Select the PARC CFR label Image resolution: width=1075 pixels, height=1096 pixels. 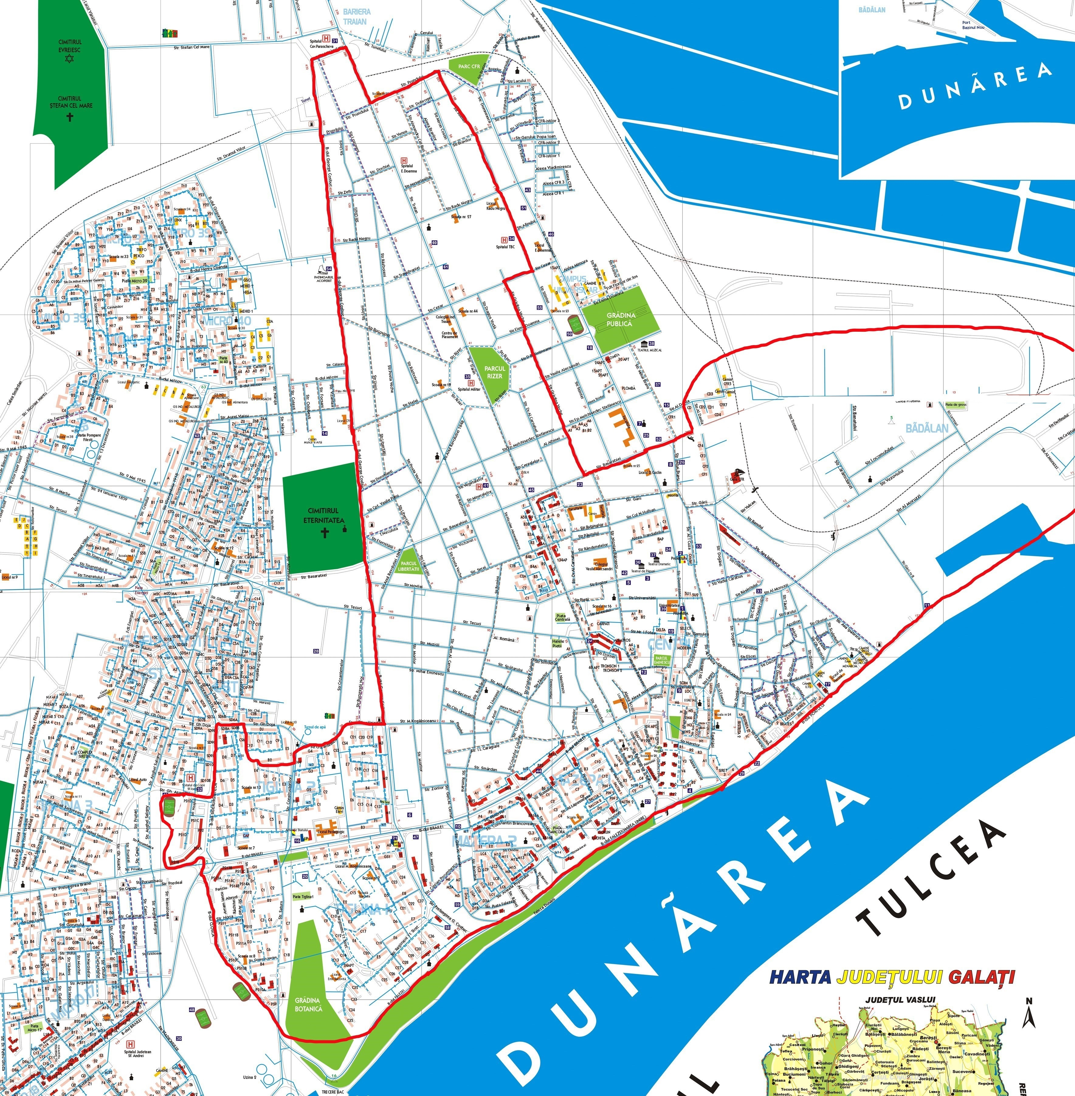click(469, 67)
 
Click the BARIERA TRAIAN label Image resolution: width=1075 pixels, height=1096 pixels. click(357, 16)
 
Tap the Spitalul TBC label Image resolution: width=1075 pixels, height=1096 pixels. click(505, 247)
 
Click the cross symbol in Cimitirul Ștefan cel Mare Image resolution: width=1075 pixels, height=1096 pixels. click(70, 117)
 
